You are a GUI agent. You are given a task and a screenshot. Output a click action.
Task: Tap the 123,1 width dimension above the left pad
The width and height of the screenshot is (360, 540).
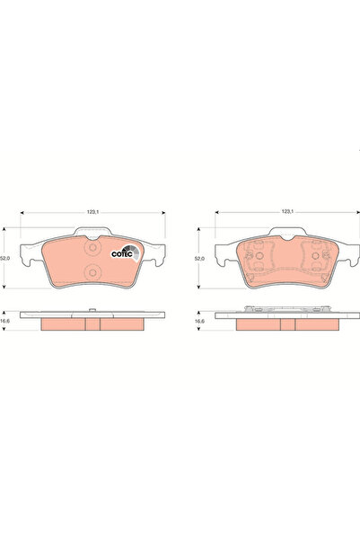92,211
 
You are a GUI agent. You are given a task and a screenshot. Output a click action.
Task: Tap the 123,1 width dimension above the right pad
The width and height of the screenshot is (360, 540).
286,211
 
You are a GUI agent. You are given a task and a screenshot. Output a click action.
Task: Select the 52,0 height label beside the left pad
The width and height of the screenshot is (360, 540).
8,256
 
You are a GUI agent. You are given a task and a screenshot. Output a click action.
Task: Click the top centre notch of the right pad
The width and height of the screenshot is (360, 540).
286,242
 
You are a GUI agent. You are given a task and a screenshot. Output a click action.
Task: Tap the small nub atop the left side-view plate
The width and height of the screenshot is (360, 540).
92,310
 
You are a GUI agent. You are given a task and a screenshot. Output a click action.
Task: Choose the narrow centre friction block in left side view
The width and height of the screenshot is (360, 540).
92,323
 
